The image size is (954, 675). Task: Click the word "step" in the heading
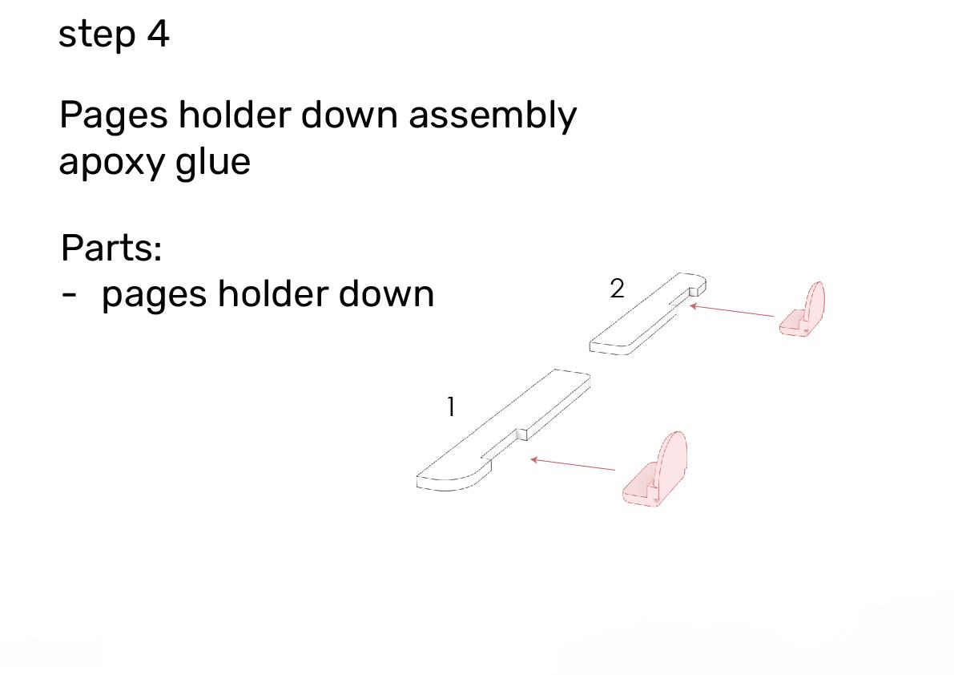(97, 35)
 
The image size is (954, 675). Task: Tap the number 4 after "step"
(158, 34)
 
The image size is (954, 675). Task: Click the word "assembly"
(492, 115)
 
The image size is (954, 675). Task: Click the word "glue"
(213, 161)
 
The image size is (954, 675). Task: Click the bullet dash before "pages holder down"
(70, 295)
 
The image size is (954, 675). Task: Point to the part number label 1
(451, 407)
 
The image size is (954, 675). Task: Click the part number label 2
(617, 289)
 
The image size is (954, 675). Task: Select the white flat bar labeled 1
(503, 430)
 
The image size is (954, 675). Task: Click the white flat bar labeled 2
(648, 313)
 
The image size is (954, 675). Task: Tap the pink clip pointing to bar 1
(655, 469)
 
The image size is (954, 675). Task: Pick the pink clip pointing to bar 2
(803, 309)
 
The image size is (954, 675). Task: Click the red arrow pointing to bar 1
(573, 464)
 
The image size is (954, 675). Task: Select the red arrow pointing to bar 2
(731, 310)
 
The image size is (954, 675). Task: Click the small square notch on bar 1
(521, 434)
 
